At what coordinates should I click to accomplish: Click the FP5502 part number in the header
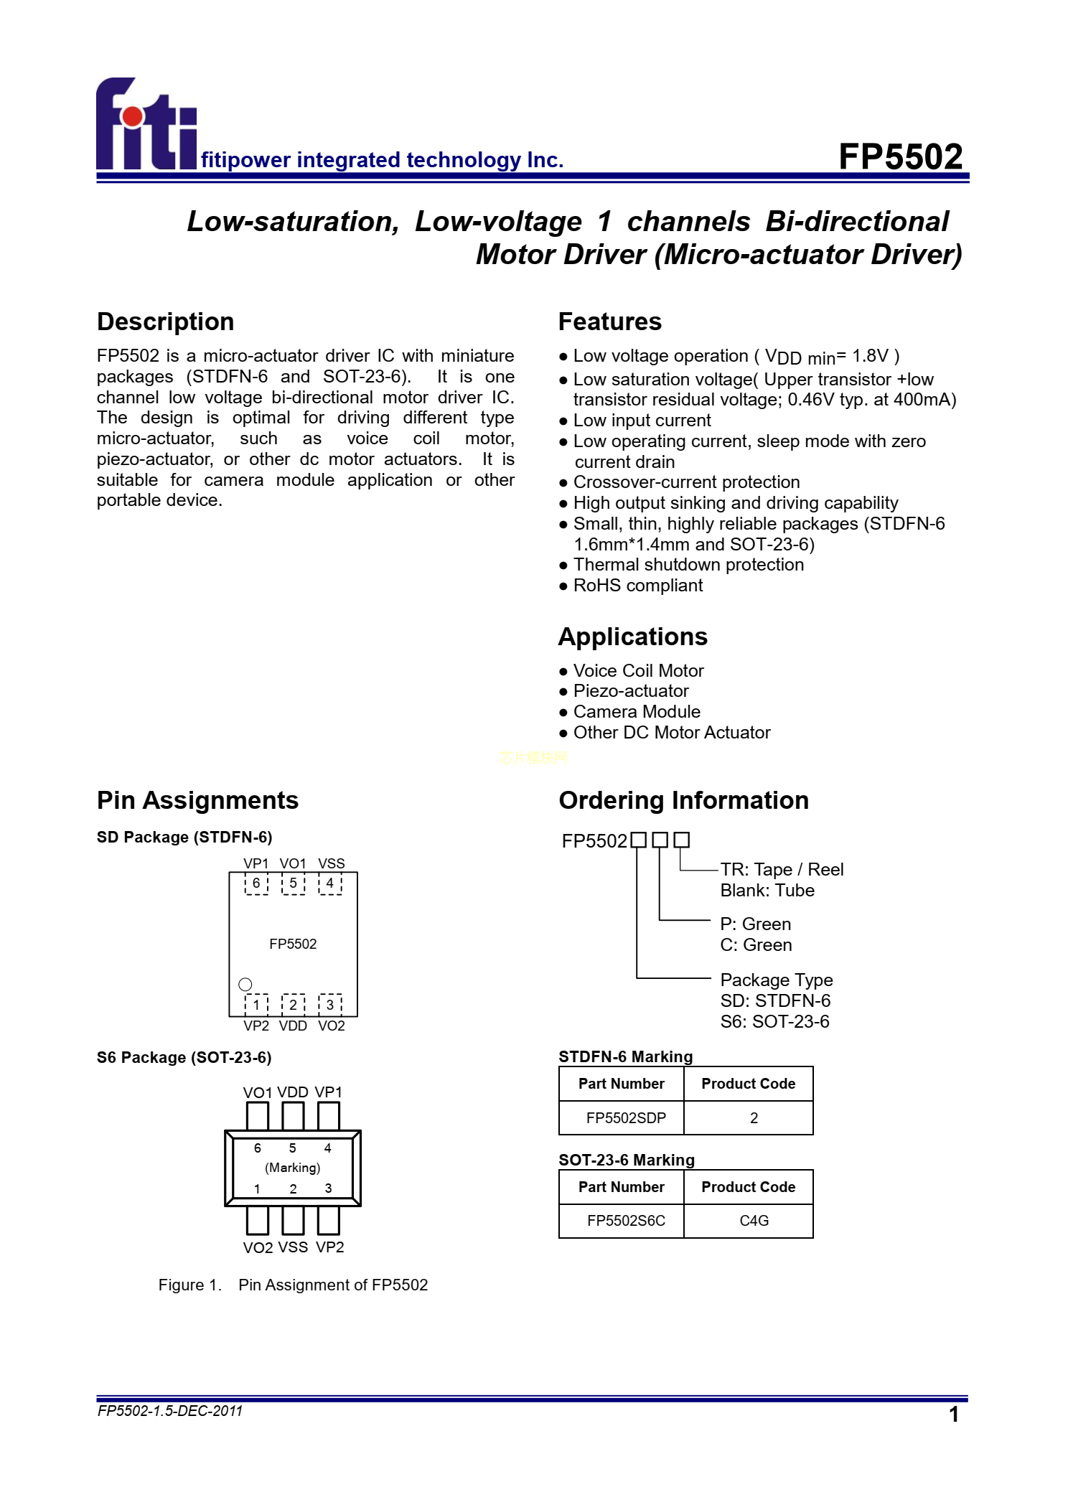click(900, 156)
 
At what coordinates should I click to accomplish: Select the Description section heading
click(165, 322)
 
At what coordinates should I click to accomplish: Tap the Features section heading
click(609, 322)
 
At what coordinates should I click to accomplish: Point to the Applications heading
click(632, 637)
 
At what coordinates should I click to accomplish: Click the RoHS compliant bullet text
click(637, 586)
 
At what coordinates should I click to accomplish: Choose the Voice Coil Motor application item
click(638, 670)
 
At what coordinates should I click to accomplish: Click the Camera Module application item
click(637, 711)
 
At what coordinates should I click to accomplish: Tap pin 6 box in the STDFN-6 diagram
click(256, 883)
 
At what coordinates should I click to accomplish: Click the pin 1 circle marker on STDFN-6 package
click(245, 984)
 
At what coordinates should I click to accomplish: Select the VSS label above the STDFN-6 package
click(331, 863)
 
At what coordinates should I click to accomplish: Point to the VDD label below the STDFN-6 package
click(293, 1026)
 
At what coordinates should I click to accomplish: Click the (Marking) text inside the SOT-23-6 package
click(293, 1168)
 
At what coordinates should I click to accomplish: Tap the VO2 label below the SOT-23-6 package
click(258, 1247)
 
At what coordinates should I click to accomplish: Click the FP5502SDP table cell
click(626, 1117)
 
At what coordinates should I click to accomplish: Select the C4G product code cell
click(754, 1220)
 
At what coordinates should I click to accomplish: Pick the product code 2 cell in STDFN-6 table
click(754, 1117)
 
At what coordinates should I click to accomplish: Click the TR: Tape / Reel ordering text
click(782, 870)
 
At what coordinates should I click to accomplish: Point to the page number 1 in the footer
click(954, 1415)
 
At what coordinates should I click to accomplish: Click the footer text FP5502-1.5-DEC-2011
click(170, 1411)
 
